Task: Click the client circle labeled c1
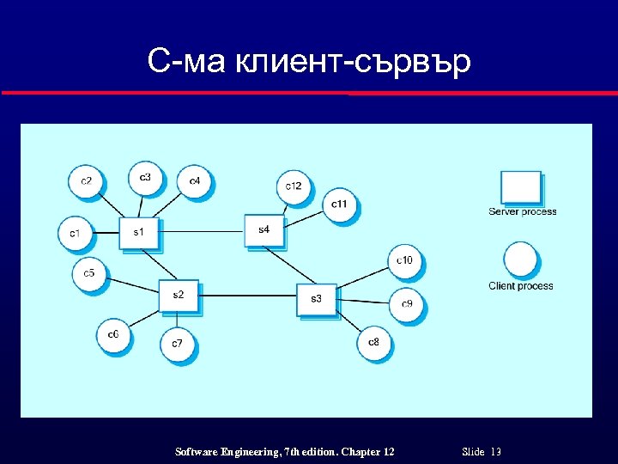tap(75, 233)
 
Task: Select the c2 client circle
tap(86, 180)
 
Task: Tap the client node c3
tap(145, 178)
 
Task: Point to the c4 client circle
tap(195, 180)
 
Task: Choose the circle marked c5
tap(88, 274)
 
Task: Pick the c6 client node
tap(113, 334)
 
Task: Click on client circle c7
tap(177, 343)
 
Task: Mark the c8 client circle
tap(373, 343)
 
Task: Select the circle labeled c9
tap(406, 303)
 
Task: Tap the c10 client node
tap(405, 260)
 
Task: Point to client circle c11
tap(340, 204)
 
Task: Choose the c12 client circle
tap(294, 186)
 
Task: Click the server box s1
tap(138, 232)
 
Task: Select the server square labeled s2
tap(178, 295)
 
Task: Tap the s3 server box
tap(316, 299)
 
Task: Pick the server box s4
tap(263, 229)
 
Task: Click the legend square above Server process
tap(521, 188)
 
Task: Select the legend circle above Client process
tap(521, 259)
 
